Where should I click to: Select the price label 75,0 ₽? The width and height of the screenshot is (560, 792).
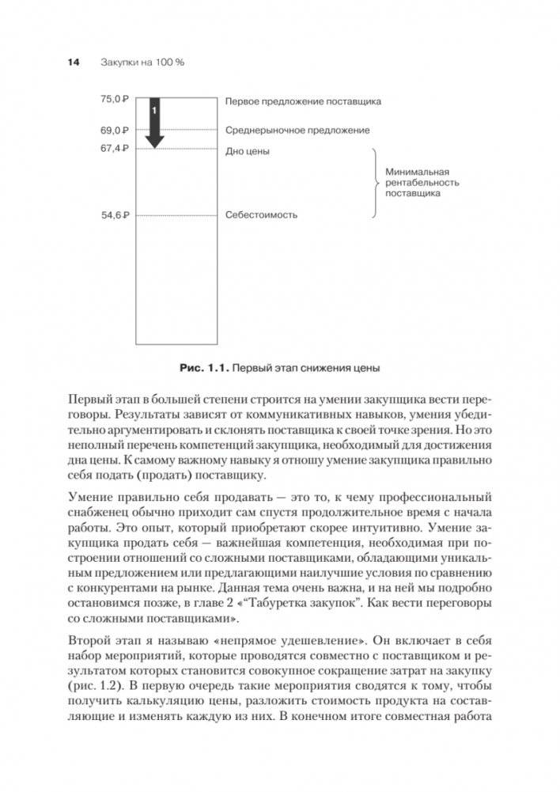click(x=115, y=100)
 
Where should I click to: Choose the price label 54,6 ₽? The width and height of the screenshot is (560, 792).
click(x=115, y=214)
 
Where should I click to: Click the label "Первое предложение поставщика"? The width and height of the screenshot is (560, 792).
click(x=303, y=101)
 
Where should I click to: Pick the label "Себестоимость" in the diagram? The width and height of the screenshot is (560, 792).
click(x=261, y=214)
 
